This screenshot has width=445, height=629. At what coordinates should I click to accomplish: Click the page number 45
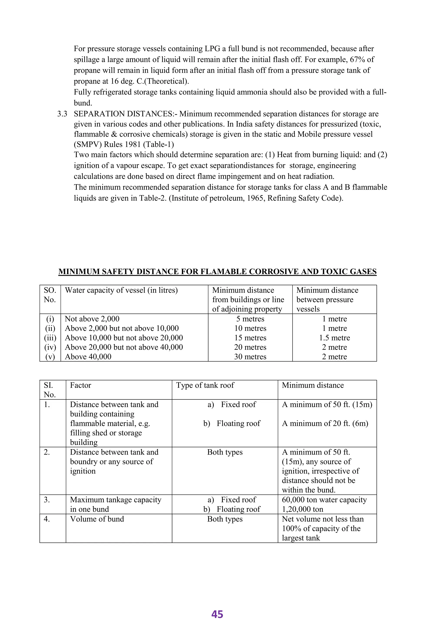[x=217, y=614]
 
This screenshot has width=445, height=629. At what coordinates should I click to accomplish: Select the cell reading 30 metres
[x=250, y=357]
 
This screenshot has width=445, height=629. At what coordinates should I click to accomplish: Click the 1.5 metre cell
[x=334, y=338]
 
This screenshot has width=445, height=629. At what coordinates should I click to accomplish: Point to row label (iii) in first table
[x=50, y=338]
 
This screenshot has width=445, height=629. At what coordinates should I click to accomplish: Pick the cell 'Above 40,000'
[x=88, y=357]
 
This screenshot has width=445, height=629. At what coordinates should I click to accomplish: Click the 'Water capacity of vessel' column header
[x=121, y=290]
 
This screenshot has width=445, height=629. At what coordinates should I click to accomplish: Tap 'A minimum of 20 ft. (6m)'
[x=325, y=423]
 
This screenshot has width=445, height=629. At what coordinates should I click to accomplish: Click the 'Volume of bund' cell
[x=97, y=519]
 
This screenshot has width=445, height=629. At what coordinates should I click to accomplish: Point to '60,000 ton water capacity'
[x=324, y=500]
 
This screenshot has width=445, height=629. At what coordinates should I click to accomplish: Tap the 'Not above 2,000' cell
[x=92, y=319]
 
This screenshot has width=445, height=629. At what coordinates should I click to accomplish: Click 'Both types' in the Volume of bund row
[x=225, y=519]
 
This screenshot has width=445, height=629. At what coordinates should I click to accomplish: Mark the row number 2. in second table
[x=47, y=452]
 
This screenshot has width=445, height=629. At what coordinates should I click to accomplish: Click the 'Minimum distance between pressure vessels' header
[x=327, y=300]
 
